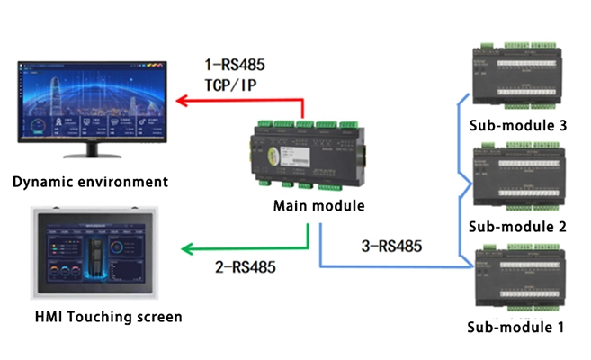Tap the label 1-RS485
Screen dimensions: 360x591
click(x=237, y=65)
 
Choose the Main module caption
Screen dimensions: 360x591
click(x=318, y=206)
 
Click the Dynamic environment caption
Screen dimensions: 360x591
click(x=90, y=182)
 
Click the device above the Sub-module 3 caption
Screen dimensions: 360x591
click(x=518, y=73)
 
